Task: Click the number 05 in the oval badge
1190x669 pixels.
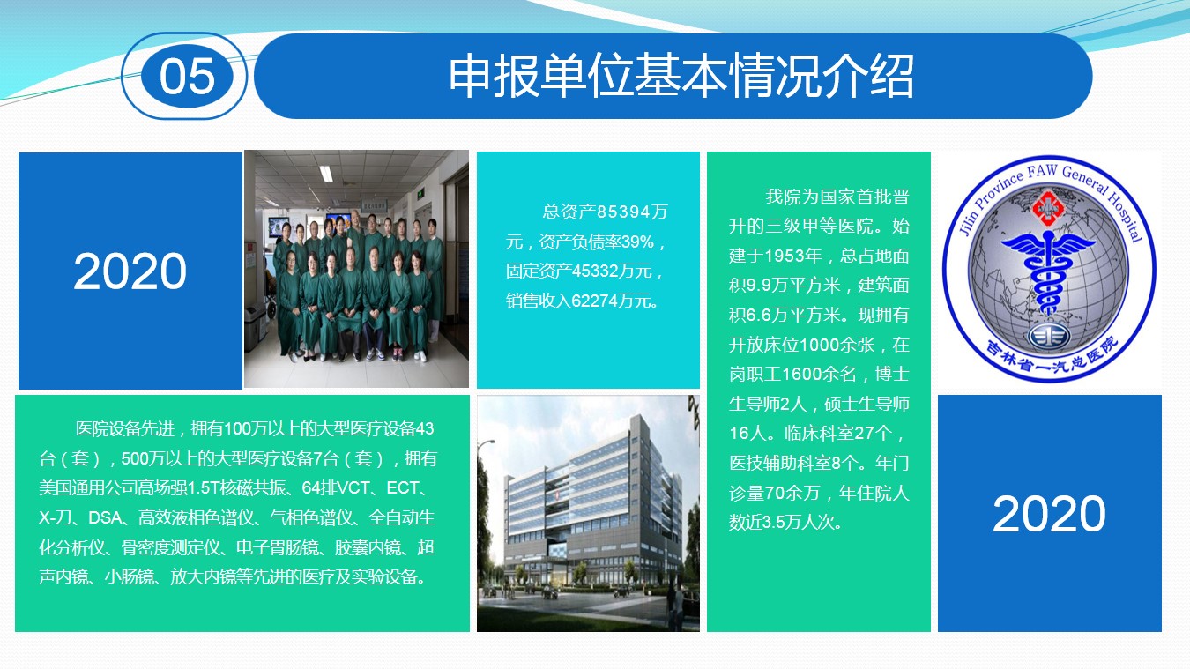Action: pos(187,77)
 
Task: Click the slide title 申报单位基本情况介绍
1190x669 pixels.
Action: pos(681,76)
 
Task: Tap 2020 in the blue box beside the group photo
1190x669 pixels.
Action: pos(130,271)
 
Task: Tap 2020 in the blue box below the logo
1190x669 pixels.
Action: pos(1049,513)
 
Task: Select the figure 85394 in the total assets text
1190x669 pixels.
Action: pos(624,212)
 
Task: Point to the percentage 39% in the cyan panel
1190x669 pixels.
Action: pos(637,242)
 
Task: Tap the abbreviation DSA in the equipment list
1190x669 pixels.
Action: pos(105,517)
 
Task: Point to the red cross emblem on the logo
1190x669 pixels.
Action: pos(1047,208)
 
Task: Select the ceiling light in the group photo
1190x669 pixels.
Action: pos(326,174)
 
